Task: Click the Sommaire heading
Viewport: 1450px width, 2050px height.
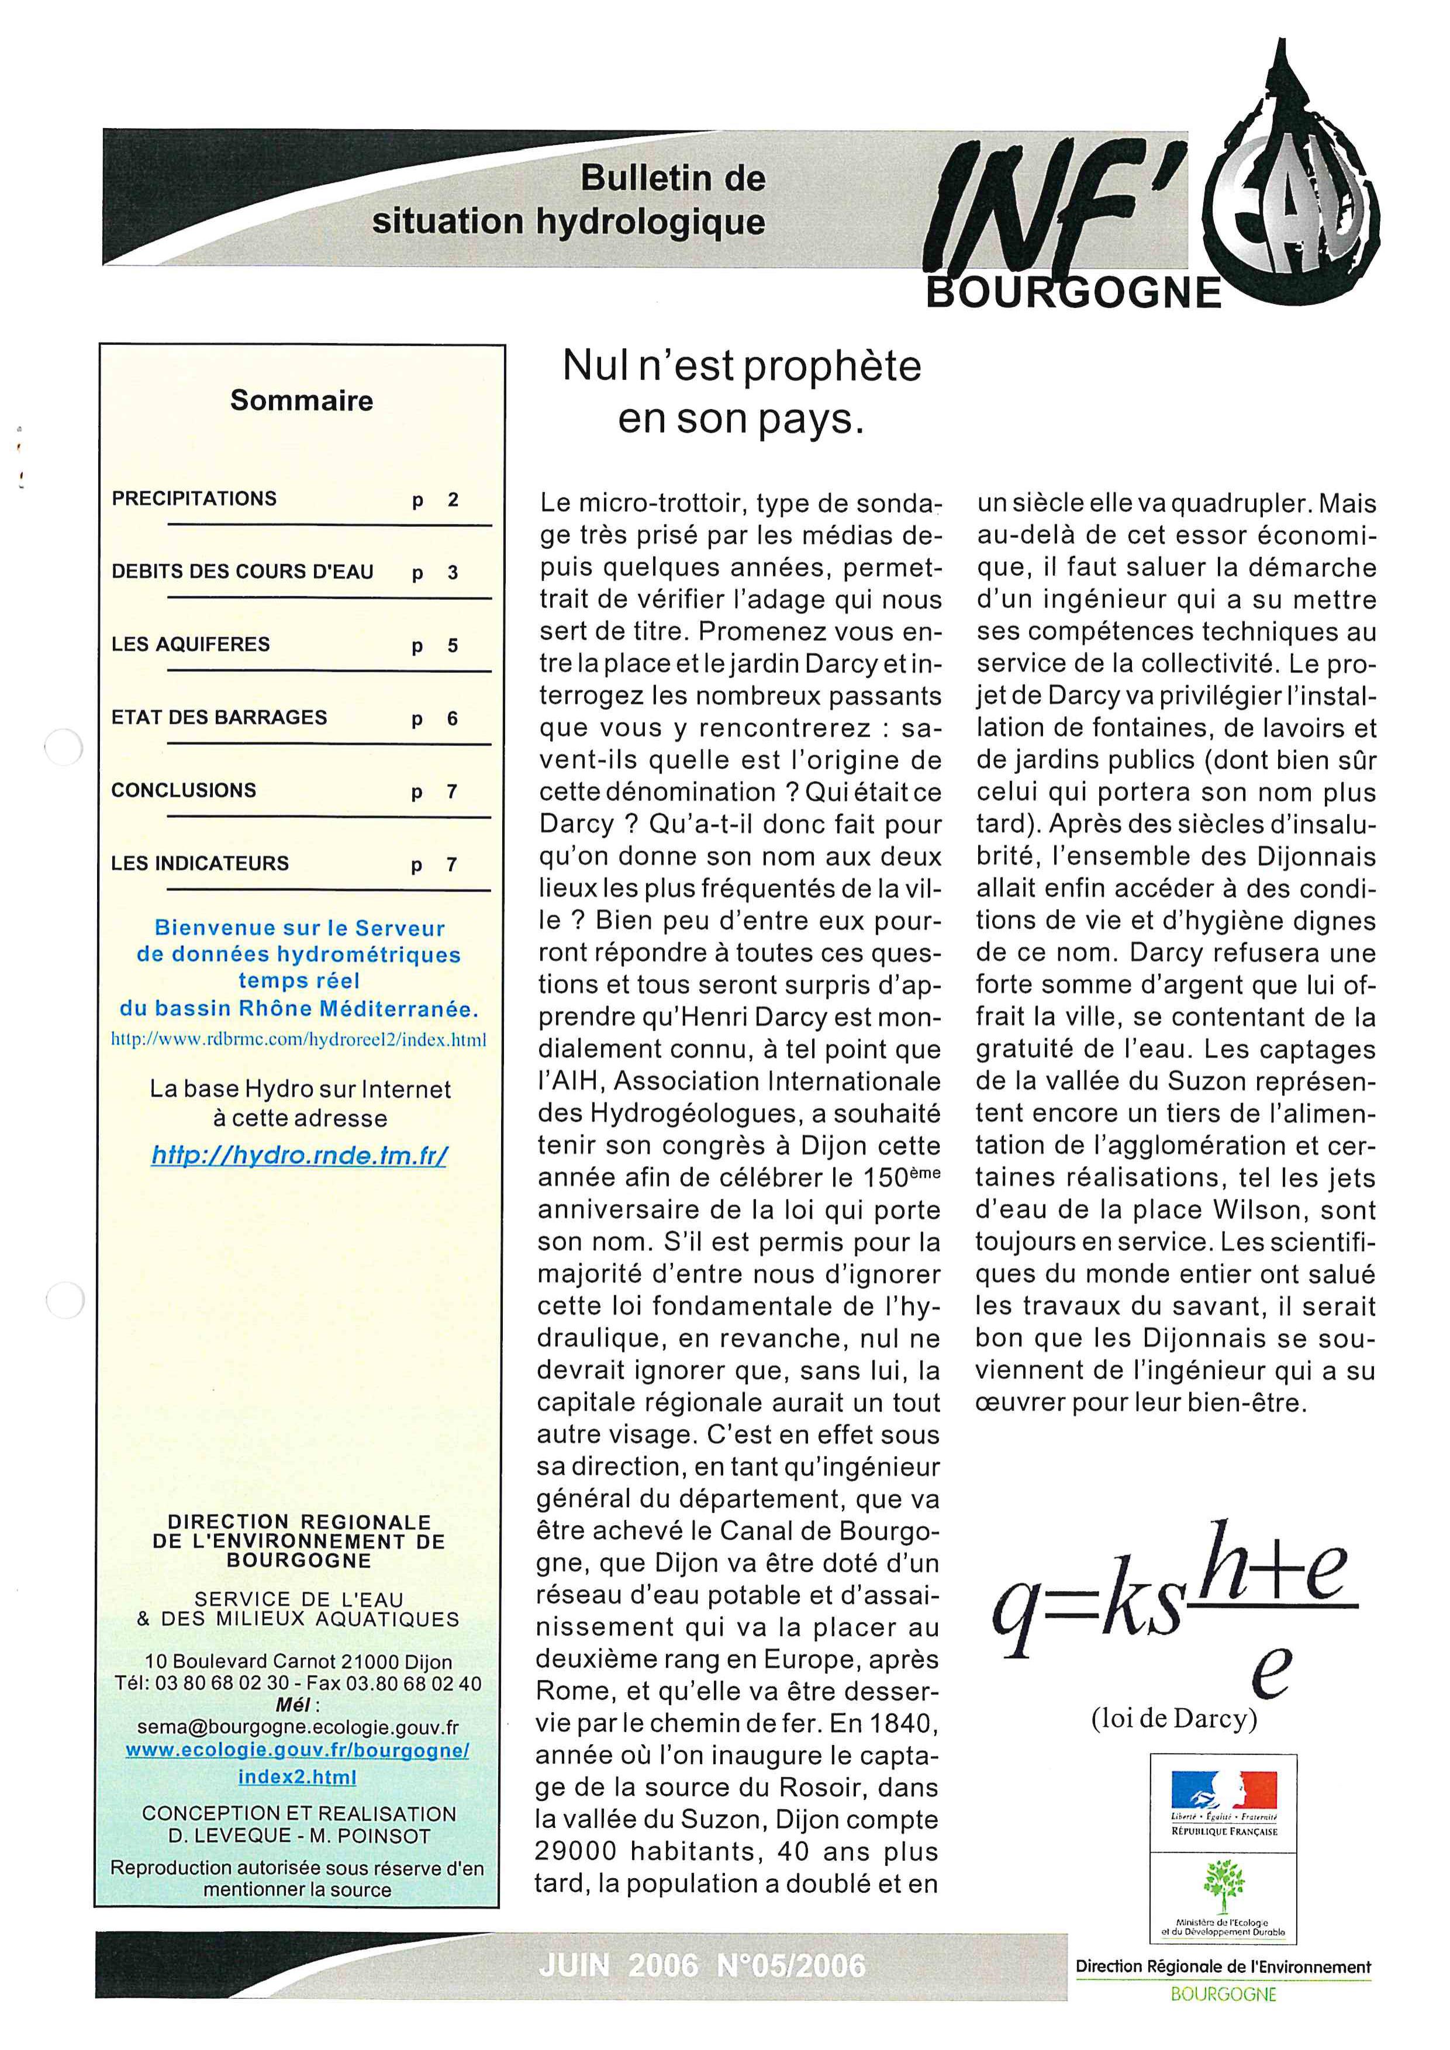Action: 301,400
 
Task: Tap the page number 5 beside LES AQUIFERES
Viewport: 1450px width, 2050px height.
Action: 453,645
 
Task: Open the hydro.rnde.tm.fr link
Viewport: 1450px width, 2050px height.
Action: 299,1156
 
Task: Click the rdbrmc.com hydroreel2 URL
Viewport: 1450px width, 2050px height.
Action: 298,1039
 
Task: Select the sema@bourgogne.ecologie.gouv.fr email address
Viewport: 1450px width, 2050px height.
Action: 298,1728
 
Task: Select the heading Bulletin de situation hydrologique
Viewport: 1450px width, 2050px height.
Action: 569,200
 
